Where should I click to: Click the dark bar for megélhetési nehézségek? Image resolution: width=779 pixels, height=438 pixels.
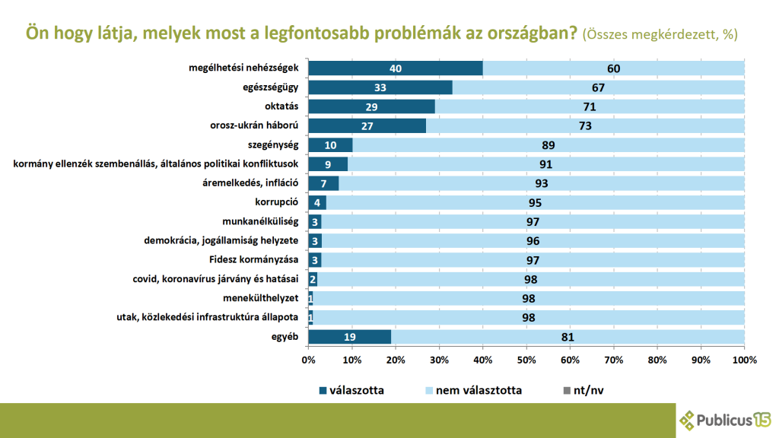pyautogui.click(x=396, y=68)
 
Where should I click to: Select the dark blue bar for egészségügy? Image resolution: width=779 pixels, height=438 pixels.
pyautogui.click(x=380, y=87)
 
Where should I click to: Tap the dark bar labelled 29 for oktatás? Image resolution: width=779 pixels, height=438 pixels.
pyautogui.click(x=371, y=106)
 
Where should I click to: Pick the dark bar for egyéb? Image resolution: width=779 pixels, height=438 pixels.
pyautogui.click(x=350, y=337)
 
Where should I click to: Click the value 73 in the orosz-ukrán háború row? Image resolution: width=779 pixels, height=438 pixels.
pyautogui.click(x=585, y=125)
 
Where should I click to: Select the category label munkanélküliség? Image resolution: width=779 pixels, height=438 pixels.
pyautogui.click(x=260, y=221)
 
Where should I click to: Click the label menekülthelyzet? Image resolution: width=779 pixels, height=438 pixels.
pyautogui.click(x=262, y=298)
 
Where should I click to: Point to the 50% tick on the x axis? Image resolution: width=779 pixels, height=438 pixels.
pyautogui.click(x=526, y=360)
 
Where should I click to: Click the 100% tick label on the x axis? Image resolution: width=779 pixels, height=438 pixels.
pyautogui.click(x=744, y=360)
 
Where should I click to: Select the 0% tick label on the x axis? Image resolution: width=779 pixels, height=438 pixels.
pyautogui.click(x=309, y=360)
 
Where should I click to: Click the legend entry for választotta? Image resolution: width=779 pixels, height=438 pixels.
pyautogui.click(x=351, y=390)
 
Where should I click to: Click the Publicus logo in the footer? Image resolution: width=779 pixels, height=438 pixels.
pyautogui.click(x=725, y=418)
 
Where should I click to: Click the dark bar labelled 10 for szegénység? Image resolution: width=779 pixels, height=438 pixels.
pyautogui.click(x=331, y=144)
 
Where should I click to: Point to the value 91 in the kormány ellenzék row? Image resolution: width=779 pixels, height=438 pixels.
pyautogui.click(x=545, y=164)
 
